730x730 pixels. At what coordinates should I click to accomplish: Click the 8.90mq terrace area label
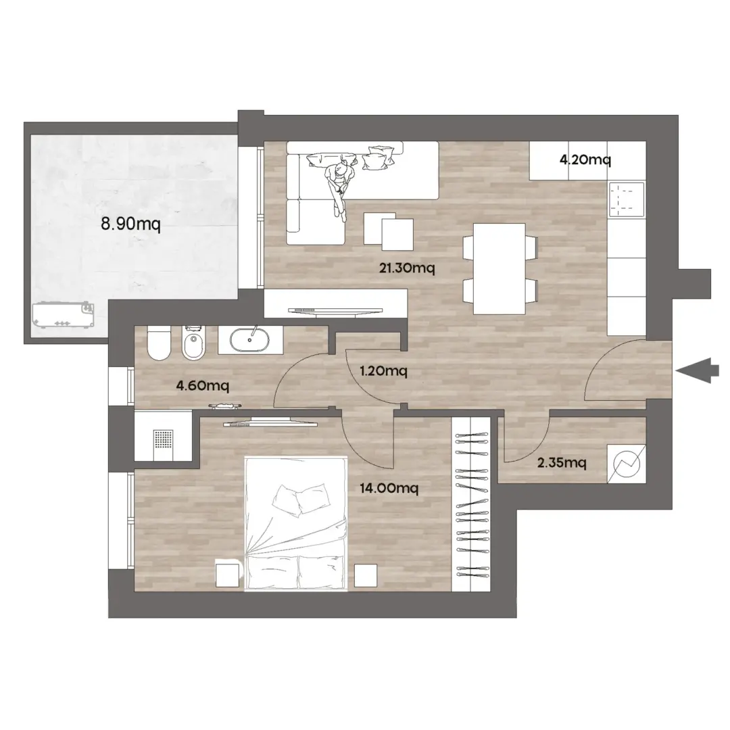131,224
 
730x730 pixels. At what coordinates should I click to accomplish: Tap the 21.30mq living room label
407,268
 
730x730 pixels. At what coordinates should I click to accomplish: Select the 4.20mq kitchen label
585,160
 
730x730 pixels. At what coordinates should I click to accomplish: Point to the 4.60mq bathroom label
203,385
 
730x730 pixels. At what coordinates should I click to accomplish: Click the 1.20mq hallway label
384,371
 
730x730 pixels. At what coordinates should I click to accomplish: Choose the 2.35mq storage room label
562,463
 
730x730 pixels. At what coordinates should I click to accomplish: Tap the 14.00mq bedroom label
389,488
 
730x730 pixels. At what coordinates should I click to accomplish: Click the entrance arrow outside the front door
693,371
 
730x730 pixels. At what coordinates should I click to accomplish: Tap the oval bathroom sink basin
250,340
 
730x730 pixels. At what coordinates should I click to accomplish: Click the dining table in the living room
499,268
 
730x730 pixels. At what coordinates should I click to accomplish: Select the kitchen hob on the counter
627,199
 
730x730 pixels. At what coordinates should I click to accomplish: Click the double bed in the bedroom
295,524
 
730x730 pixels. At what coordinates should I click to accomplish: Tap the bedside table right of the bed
366,575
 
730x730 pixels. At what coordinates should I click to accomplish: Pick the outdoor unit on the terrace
63,315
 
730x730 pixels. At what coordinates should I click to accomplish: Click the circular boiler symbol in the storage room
627,464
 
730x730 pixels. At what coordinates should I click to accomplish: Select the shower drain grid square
163,440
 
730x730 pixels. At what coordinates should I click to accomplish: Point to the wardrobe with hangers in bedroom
471,504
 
